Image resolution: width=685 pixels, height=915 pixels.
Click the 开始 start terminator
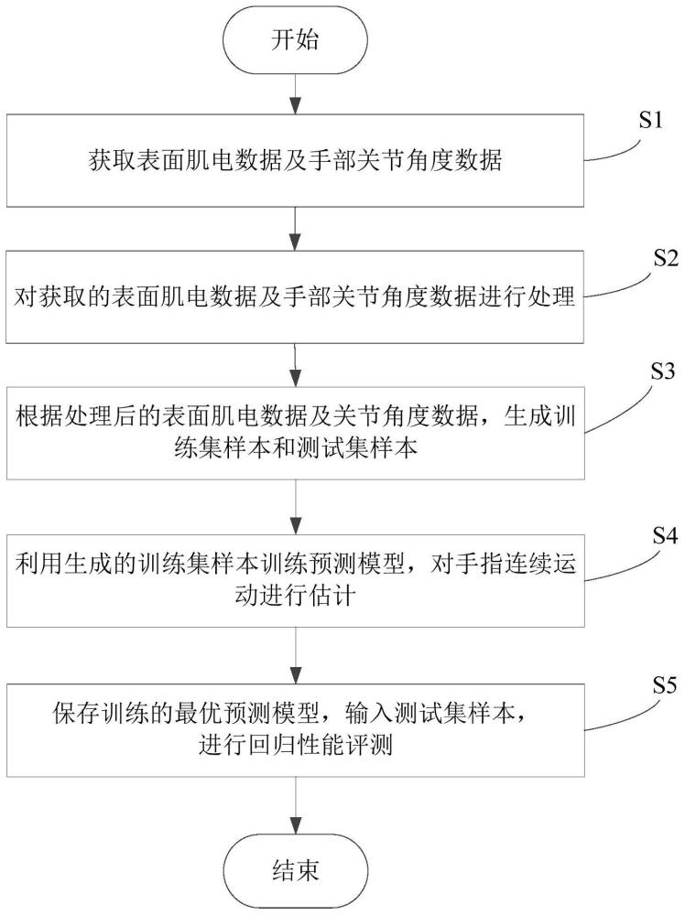[x=295, y=39]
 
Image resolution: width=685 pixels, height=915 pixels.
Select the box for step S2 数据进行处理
[x=295, y=297]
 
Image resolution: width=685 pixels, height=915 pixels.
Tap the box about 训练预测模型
[x=295, y=574]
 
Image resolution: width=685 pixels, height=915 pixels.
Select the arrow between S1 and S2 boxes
[x=295, y=228]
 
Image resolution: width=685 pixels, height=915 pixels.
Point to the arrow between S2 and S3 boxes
[x=295, y=363]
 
